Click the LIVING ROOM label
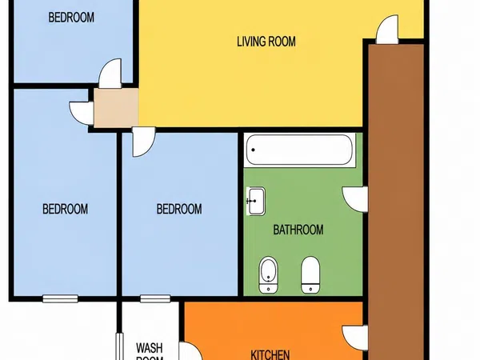(x=266, y=42)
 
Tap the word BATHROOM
(x=298, y=230)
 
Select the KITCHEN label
(x=270, y=354)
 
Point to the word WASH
(x=150, y=348)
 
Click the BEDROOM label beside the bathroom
(x=179, y=209)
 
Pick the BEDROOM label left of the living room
(x=71, y=18)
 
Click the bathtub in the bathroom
(x=299, y=150)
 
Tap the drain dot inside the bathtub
(x=253, y=150)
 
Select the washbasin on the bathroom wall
(x=256, y=201)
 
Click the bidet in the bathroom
(x=269, y=275)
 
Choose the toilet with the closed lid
(x=310, y=275)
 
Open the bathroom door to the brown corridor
(x=355, y=199)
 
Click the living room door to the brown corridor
(x=387, y=29)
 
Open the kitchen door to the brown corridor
(x=355, y=338)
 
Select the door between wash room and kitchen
(x=190, y=351)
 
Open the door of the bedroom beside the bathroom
(x=144, y=142)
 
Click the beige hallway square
(x=116, y=108)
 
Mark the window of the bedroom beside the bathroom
(x=155, y=298)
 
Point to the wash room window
(x=119, y=346)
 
